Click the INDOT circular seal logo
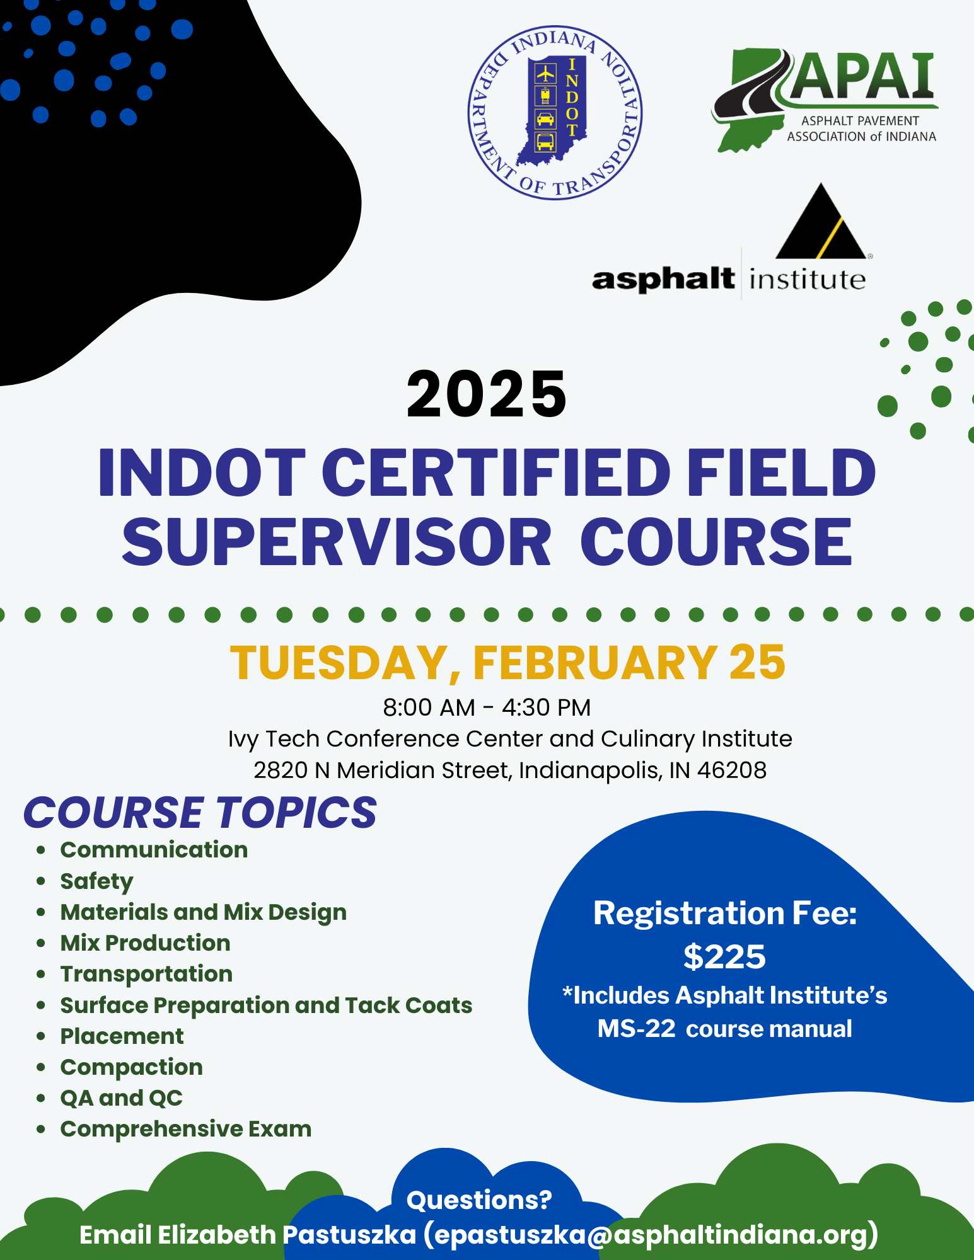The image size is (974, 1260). coord(555,113)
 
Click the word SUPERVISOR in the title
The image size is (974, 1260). coord(337,542)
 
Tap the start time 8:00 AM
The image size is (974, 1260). coord(429,707)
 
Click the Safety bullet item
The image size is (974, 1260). coord(96,881)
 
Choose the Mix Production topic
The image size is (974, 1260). coord(145,942)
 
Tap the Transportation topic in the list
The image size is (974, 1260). coord(146,974)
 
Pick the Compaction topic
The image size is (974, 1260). coord(131,1067)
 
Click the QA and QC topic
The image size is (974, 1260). coord(121,1098)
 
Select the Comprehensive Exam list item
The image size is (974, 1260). coord(186,1129)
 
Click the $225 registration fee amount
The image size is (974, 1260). coord(724,957)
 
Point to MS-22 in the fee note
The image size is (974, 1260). coord(637,1029)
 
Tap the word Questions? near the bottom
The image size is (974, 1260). coord(479,1200)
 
